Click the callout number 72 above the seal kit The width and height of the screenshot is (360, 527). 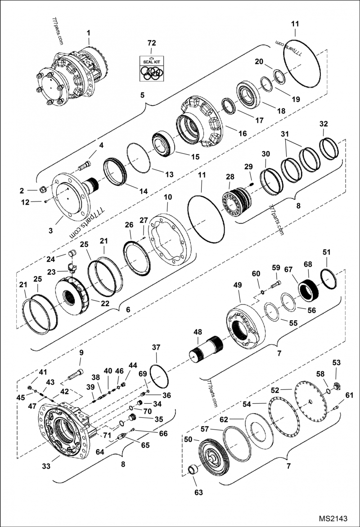point(152,43)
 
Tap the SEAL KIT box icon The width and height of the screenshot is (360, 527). point(152,69)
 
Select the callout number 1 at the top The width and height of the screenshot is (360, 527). point(89,32)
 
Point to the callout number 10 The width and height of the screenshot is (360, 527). point(168,197)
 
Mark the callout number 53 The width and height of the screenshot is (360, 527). point(337,362)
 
